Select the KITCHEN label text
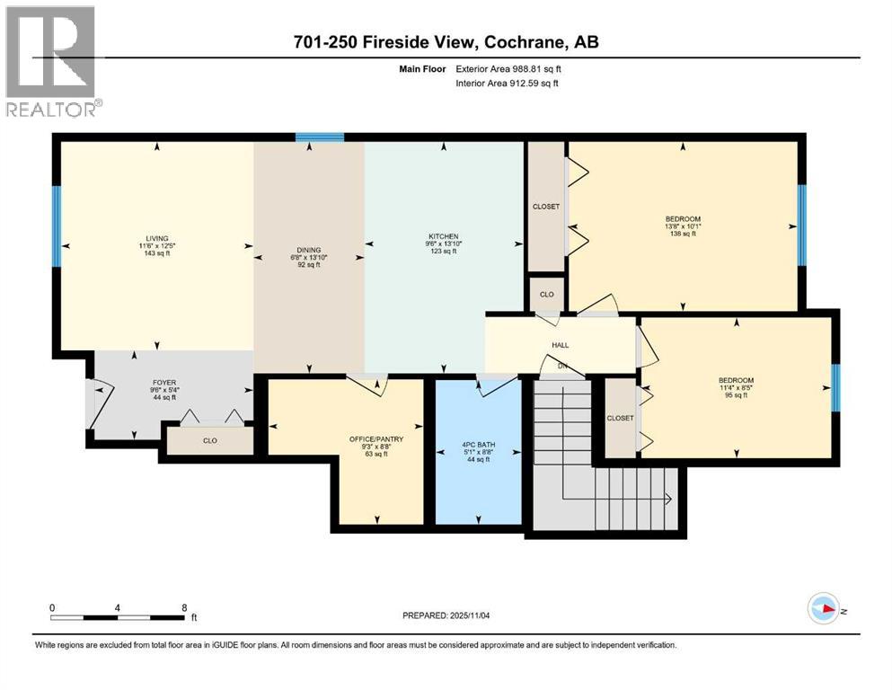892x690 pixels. [x=442, y=237]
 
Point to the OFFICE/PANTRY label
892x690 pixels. [x=376, y=439]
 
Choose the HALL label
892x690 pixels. [x=561, y=344]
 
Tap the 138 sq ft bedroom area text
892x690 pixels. [x=683, y=233]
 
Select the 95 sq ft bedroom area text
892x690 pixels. [x=736, y=394]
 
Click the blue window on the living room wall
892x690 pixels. [x=56, y=226]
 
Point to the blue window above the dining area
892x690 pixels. [x=320, y=137]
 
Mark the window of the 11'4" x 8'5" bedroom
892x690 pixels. [x=835, y=386]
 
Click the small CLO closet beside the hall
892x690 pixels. [x=546, y=294]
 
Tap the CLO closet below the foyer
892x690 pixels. [x=210, y=440]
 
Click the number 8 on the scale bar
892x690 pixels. [x=184, y=606]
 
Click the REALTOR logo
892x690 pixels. [x=50, y=59]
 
